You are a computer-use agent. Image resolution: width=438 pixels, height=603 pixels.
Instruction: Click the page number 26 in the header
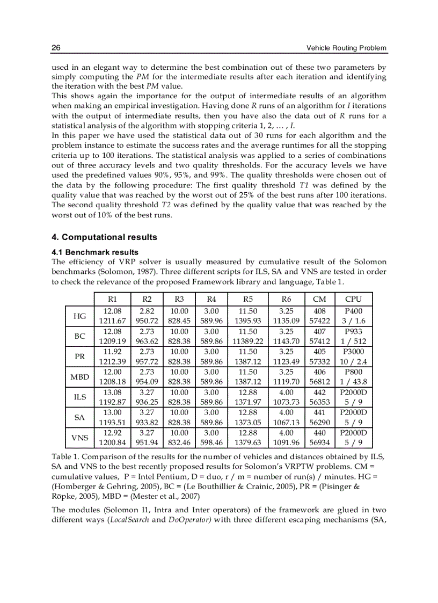pyautogui.click(x=56, y=48)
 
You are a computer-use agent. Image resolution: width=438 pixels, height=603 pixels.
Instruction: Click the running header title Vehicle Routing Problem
pyautogui.click(x=346, y=48)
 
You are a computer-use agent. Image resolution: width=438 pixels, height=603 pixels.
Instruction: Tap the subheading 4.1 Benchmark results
pyautogui.click(x=95, y=252)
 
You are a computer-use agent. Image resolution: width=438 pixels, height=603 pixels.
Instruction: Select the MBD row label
pyautogui.click(x=79, y=376)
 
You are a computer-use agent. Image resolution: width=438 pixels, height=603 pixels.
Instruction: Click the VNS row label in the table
pyautogui.click(x=79, y=437)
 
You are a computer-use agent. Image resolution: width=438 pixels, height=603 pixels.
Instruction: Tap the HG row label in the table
pyautogui.click(x=79, y=316)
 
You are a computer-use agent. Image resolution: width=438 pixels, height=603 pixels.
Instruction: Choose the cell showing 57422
pyautogui.click(x=319, y=321)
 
